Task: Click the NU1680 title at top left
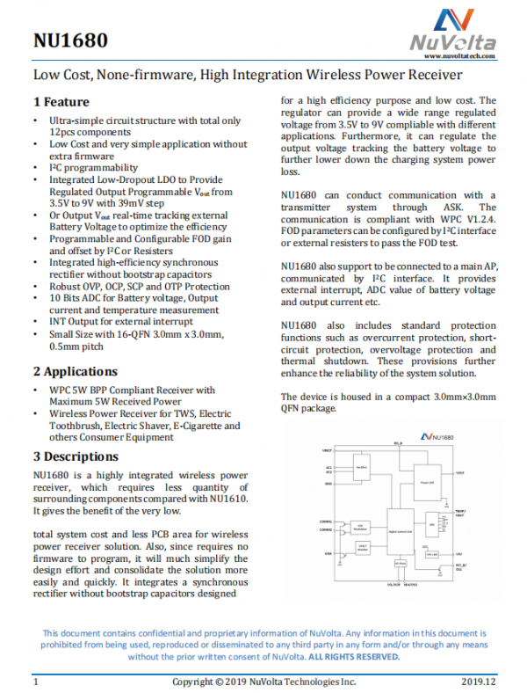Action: click(70, 40)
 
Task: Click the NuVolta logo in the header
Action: click(451, 30)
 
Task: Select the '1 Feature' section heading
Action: click(61, 102)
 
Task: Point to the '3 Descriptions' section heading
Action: click(76, 456)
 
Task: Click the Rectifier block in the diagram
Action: click(361, 467)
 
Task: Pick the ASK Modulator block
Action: click(360, 526)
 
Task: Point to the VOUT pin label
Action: click(486, 472)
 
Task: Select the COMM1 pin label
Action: click(326, 521)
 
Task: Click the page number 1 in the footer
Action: click(36, 682)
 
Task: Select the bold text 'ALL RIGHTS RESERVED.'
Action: click(354, 656)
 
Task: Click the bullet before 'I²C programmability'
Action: click(34, 167)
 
